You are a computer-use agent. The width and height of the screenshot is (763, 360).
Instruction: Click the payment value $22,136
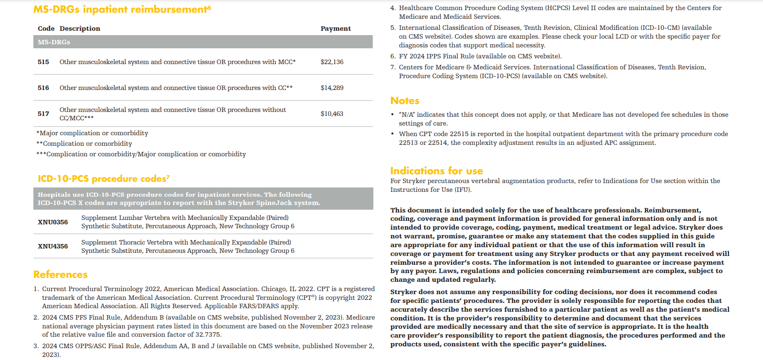click(332, 62)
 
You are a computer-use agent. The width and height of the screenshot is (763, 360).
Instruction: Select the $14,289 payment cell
click(332, 88)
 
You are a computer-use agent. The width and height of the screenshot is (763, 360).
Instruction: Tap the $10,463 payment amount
click(332, 114)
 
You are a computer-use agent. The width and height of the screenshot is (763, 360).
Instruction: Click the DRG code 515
click(43, 62)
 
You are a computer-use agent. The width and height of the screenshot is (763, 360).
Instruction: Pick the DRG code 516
click(43, 88)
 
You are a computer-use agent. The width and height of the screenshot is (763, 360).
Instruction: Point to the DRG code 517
click(43, 114)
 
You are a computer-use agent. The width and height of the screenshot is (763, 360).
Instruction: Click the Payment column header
click(336, 29)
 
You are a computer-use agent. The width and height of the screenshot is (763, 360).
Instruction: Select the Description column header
click(80, 29)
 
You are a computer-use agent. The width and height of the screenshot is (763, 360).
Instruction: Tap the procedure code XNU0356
click(53, 222)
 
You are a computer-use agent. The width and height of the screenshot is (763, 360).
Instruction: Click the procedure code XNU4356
click(53, 246)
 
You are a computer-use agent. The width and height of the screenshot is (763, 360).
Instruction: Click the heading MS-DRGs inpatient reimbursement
click(122, 9)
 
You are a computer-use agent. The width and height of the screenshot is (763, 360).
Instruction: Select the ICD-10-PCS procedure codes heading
click(103, 179)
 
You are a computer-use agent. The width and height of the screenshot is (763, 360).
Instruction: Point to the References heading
click(60, 274)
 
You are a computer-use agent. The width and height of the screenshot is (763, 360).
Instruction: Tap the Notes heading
click(405, 101)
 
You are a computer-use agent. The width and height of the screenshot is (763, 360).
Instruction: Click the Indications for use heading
click(436, 171)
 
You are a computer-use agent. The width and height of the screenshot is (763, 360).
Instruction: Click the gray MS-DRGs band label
click(54, 42)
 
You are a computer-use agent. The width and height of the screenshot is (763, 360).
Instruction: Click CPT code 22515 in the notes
click(459, 134)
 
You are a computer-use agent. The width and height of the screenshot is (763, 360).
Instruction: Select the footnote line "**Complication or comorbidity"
click(84, 144)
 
